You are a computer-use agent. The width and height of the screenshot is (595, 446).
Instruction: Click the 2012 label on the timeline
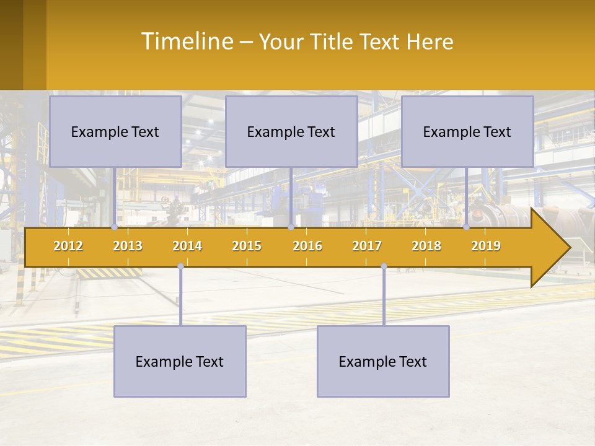click(68, 246)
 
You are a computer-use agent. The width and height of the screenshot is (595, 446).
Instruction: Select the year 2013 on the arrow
click(128, 246)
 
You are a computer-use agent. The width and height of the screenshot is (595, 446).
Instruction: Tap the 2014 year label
click(187, 246)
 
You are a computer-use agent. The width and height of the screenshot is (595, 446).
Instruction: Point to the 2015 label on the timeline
click(247, 246)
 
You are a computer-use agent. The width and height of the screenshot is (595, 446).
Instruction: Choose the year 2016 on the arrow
click(307, 246)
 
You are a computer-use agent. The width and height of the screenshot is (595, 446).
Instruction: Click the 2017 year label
click(367, 246)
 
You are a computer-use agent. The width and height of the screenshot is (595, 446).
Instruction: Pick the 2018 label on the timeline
click(426, 246)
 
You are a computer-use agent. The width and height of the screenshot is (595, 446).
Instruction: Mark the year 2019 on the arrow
click(486, 246)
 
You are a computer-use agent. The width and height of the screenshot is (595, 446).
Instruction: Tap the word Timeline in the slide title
click(186, 42)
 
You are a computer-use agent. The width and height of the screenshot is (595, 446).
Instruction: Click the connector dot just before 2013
click(114, 227)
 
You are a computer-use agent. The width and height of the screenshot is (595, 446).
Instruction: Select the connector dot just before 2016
click(291, 227)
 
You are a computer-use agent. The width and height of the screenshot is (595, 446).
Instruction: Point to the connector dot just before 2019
click(467, 227)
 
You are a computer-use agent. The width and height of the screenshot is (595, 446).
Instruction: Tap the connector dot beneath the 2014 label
click(180, 266)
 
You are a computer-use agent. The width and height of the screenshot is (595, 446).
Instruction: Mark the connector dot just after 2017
click(384, 266)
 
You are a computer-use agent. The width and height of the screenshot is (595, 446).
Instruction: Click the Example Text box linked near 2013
click(115, 132)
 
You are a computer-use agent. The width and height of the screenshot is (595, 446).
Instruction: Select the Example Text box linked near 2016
click(291, 132)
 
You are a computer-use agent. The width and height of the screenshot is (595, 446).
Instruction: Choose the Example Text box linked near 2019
click(467, 132)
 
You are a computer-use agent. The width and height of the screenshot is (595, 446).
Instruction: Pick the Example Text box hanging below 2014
click(180, 361)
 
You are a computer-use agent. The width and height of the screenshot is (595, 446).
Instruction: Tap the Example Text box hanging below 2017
click(383, 361)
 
